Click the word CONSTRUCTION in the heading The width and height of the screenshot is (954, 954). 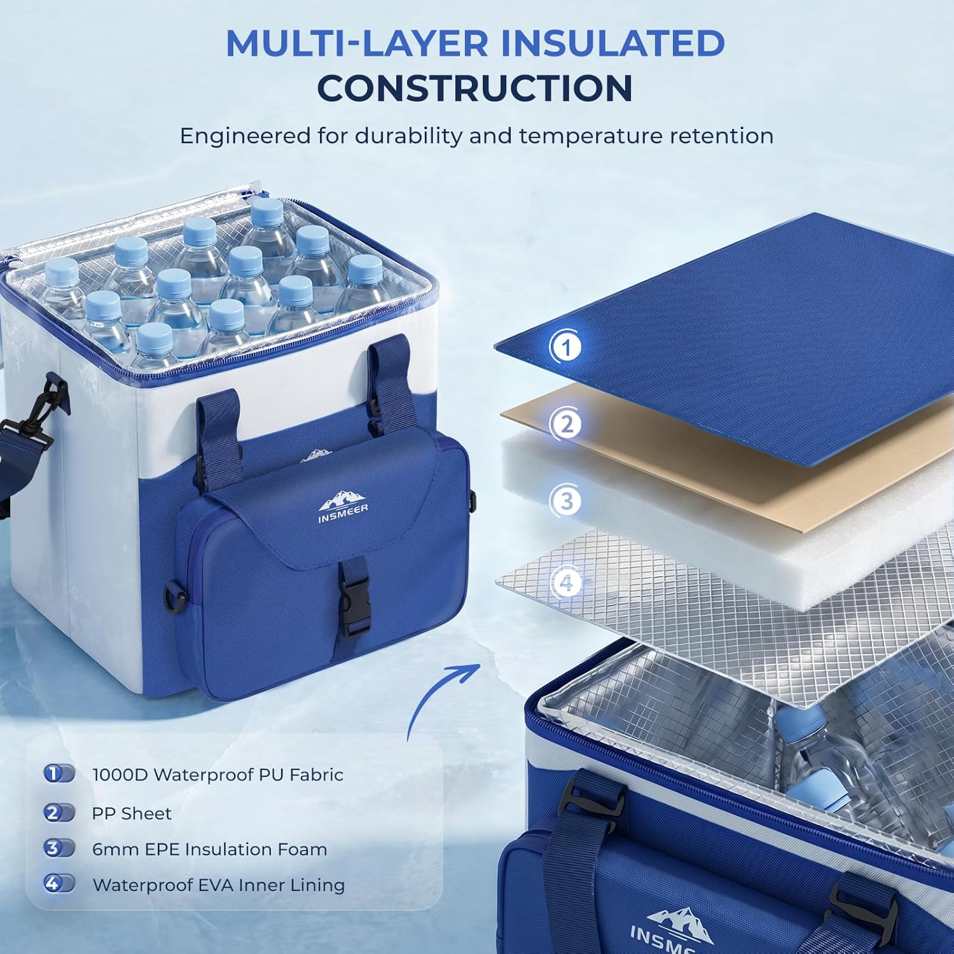click(x=475, y=88)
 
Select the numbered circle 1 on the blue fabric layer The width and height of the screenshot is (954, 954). click(x=565, y=347)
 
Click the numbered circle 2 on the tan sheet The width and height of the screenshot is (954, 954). click(x=566, y=424)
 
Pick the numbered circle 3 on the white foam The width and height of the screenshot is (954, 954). click(x=566, y=501)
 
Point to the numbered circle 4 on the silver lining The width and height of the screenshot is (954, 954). click(x=566, y=583)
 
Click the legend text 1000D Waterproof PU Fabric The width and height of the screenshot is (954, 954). click(x=218, y=775)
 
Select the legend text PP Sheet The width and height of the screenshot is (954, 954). click(x=132, y=813)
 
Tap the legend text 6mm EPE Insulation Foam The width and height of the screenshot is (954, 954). click(x=210, y=849)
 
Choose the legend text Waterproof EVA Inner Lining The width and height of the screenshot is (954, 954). click(x=219, y=885)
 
